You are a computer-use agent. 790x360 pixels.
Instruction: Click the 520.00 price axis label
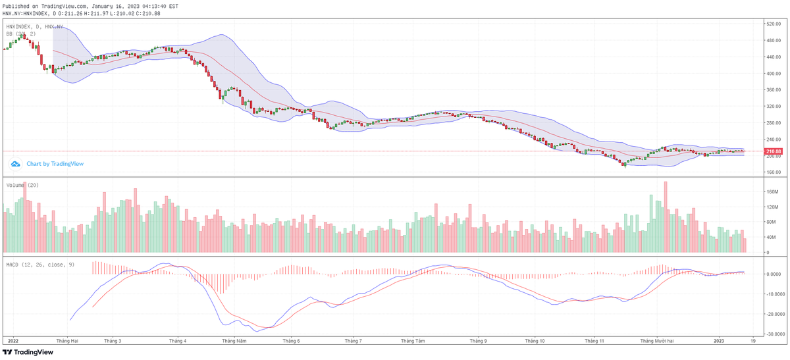click(772, 24)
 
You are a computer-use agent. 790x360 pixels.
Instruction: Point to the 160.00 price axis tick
click(772, 172)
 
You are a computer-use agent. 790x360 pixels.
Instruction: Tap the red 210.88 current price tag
click(773, 152)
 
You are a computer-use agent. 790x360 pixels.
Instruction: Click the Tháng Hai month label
click(67, 341)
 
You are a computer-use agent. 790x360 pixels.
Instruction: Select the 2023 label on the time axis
click(718, 341)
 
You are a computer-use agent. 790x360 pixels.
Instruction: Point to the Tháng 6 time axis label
click(291, 341)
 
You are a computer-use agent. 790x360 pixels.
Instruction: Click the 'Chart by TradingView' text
click(55, 163)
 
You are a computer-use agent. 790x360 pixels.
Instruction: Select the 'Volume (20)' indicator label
click(22, 185)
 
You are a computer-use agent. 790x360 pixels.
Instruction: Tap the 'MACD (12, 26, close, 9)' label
click(39, 264)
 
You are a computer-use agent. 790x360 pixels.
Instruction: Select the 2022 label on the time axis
click(13, 341)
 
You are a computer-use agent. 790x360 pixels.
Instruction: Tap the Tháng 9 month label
click(478, 341)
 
